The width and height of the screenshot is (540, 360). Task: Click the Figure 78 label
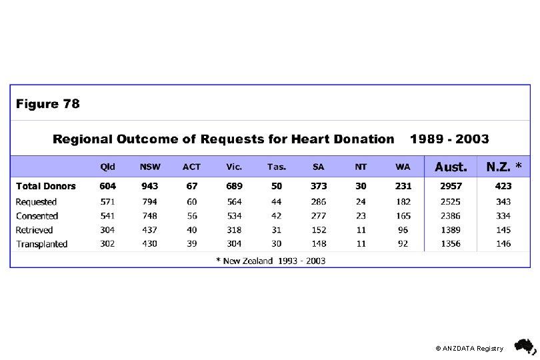[x=48, y=104]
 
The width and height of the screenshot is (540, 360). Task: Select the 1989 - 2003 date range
[x=449, y=139]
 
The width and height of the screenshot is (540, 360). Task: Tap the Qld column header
[x=107, y=167]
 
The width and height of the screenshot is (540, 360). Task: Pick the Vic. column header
[x=233, y=167]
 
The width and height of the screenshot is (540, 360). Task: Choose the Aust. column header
[x=451, y=167]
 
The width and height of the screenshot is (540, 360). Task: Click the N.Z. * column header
[x=504, y=167]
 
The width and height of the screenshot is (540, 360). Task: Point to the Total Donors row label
[x=46, y=187]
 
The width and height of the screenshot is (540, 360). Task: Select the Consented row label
[x=37, y=216]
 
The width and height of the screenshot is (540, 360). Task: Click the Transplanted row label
[x=42, y=244]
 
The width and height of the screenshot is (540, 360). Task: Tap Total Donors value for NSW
[x=149, y=187]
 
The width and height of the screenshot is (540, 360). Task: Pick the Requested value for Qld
[x=107, y=201]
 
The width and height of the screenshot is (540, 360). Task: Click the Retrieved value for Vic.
[x=233, y=230]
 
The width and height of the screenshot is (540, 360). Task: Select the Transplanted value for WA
[x=403, y=244]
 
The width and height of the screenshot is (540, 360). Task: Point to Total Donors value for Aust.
[x=452, y=187]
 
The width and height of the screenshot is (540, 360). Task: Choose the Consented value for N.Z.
[x=504, y=216]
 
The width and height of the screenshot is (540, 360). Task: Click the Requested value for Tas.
[x=276, y=201]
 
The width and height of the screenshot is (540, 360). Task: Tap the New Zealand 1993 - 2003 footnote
[x=271, y=261]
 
